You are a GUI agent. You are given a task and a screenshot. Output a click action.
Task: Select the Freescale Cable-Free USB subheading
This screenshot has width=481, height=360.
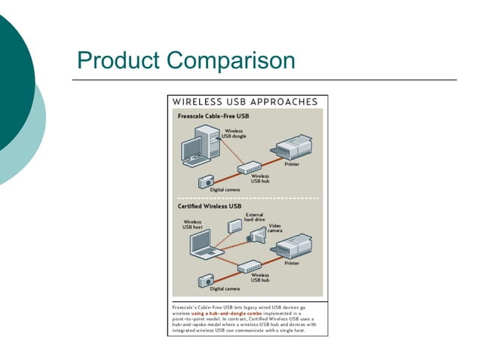point(213,117)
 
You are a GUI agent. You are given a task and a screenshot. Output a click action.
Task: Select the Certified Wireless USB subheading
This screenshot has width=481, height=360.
point(210,206)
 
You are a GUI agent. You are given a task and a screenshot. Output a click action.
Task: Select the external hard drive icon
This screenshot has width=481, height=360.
point(234,224)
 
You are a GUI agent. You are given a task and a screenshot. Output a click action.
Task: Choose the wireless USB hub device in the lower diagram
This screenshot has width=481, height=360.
point(250,266)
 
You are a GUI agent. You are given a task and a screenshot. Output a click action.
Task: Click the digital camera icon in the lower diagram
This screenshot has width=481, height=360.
point(207,280)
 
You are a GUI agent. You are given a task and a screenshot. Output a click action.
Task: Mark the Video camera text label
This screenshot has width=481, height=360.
point(275,227)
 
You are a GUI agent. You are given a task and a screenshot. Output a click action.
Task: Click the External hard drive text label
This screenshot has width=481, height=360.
point(254,217)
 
